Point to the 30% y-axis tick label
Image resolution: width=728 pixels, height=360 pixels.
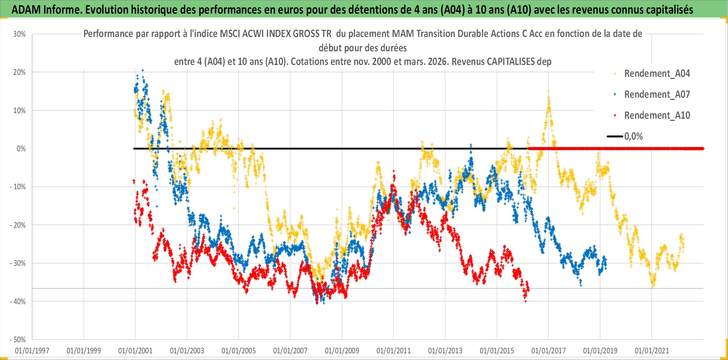(x=20, y=34)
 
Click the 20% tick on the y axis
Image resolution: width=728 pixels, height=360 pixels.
(x=20, y=72)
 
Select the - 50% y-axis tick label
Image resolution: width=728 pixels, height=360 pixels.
(x=18, y=339)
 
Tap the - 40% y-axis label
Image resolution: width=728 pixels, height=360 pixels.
(x=18, y=301)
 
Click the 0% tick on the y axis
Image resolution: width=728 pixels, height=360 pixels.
(x=21, y=149)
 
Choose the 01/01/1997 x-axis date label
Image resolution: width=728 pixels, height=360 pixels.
(x=32, y=351)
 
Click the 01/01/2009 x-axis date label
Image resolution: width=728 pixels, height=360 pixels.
(x=342, y=351)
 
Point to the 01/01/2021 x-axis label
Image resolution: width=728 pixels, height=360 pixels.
(x=652, y=351)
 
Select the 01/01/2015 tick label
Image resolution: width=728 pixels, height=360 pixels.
(x=497, y=351)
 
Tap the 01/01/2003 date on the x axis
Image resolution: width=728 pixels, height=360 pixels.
(x=187, y=351)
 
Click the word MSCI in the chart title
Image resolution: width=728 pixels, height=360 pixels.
(x=230, y=34)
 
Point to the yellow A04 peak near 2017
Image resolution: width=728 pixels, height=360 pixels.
(x=548, y=91)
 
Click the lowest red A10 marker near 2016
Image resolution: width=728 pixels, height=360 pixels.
(x=526, y=301)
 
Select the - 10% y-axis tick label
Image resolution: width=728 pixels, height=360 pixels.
(x=18, y=187)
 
